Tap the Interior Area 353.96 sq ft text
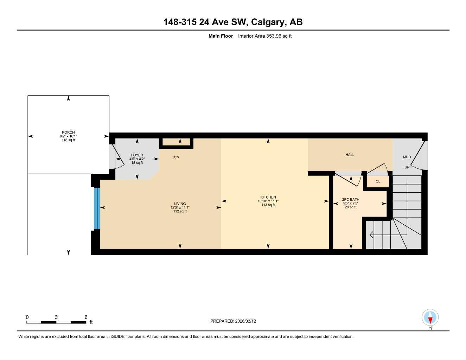click(264, 36)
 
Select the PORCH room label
click(68, 133)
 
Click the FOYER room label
click(137, 155)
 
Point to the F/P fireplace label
click(176, 158)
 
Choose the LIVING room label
click(180, 204)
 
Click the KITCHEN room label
click(268, 197)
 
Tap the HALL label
click(350, 155)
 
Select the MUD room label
click(407, 157)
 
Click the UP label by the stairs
click(407, 167)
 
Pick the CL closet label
click(378, 181)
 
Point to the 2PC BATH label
click(351, 199)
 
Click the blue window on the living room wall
click(97, 208)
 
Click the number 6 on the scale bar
click(86, 317)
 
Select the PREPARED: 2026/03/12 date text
click(233, 321)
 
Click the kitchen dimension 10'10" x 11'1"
click(268, 201)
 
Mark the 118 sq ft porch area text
click(68, 140)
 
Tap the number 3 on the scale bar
click(56, 317)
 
